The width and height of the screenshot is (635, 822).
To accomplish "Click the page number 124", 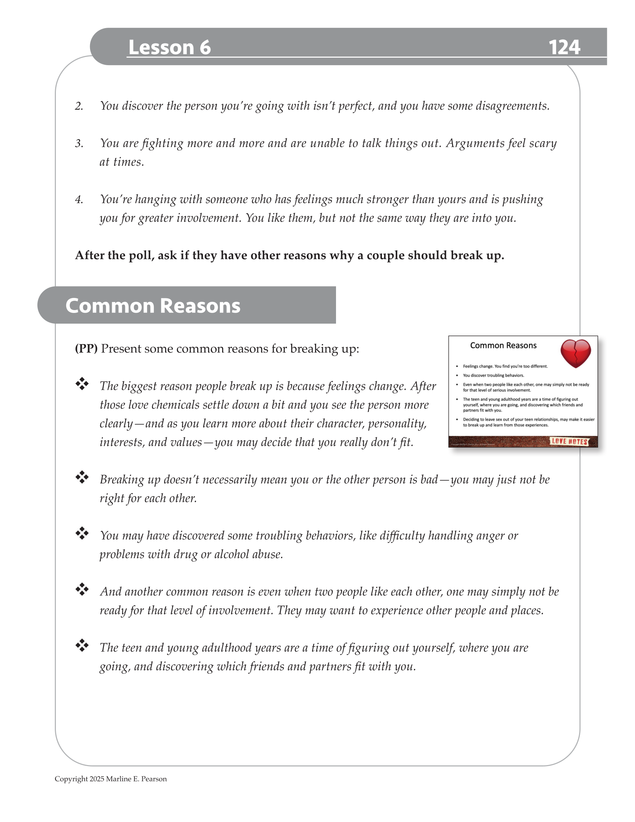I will coord(564,47).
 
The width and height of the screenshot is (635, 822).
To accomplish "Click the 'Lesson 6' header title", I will coord(169,47).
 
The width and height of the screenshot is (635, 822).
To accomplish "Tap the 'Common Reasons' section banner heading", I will coord(153,305).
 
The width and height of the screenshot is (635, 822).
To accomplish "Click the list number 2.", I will coord(79,106).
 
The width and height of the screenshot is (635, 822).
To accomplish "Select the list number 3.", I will coord(79,143).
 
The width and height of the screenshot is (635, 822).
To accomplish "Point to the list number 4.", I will coord(79,199).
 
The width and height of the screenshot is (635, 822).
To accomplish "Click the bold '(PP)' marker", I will coord(86,349).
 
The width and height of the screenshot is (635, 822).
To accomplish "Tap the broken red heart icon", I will coord(575,353).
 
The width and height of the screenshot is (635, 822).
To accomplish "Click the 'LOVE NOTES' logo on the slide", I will coord(569,441).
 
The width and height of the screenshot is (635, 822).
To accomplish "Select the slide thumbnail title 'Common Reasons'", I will coord(503,346).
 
